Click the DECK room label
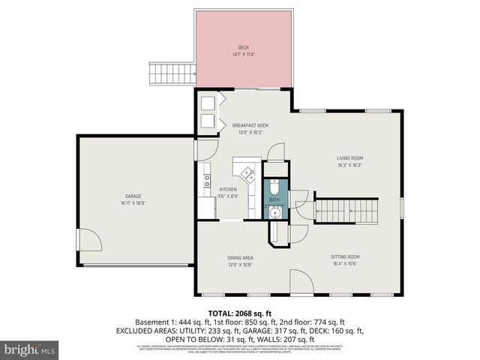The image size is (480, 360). tap(244, 47)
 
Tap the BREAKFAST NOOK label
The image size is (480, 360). tap(250, 125)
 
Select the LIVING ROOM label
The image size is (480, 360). tap(349, 158)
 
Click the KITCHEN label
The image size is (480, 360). tap(228, 189)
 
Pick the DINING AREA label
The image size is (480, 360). tap(241, 258)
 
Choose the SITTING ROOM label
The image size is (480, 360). tap(346, 256)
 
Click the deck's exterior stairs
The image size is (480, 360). tap(173, 73)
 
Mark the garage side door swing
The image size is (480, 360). tap(90, 241)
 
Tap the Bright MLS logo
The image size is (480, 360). tap(30, 349)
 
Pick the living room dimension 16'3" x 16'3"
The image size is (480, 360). tap(349, 165)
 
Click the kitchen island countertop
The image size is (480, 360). tap(245, 171)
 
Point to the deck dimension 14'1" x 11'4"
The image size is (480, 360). tap(244, 54)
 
